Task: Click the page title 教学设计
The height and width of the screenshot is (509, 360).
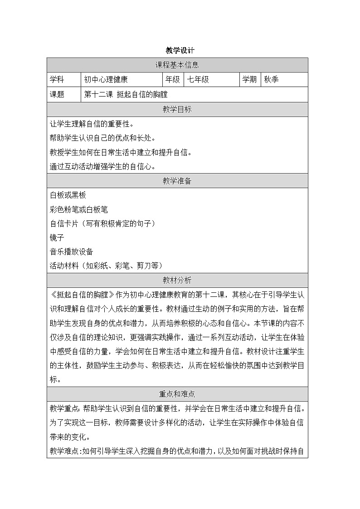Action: tap(180, 50)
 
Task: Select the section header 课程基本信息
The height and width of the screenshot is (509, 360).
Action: tap(177, 65)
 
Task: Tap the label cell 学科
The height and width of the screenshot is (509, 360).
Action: tap(57, 80)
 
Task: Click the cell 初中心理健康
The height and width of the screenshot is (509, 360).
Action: tap(106, 80)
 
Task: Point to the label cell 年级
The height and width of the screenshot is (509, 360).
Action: tap(172, 80)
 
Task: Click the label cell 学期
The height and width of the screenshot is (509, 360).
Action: tap(249, 80)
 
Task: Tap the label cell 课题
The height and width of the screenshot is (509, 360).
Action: tap(57, 94)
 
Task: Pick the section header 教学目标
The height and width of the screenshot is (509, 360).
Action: tap(177, 109)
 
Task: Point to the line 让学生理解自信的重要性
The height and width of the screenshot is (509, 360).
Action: tap(92, 124)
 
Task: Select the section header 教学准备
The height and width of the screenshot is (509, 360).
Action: tap(177, 181)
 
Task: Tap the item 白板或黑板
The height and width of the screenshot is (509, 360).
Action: tap(68, 195)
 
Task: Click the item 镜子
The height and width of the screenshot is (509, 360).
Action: tap(57, 237)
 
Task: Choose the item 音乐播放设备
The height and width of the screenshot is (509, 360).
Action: tap(71, 251)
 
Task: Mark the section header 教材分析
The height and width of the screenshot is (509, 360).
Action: tap(177, 280)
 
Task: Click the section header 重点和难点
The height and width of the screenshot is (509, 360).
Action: tap(177, 394)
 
